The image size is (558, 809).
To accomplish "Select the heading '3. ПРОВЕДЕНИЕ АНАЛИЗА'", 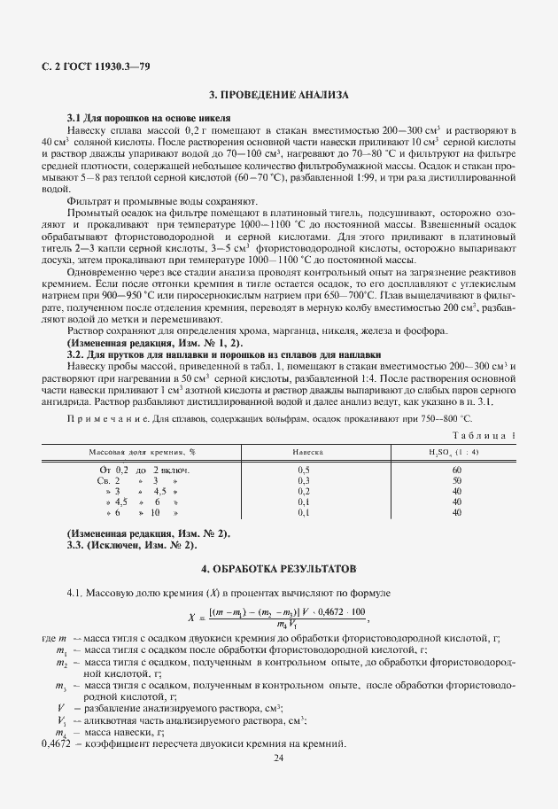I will pyautogui.click(x=278, y=95).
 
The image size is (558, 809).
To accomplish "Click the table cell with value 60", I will pyautogui.click(x=457, y=469).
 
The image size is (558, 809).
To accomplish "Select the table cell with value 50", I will pyautogui.click(x=457, y=479).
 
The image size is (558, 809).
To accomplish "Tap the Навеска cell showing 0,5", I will pyautogui.click(x=304, y=469).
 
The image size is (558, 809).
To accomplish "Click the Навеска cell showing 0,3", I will pyautogui.click(x=304, y=479).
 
